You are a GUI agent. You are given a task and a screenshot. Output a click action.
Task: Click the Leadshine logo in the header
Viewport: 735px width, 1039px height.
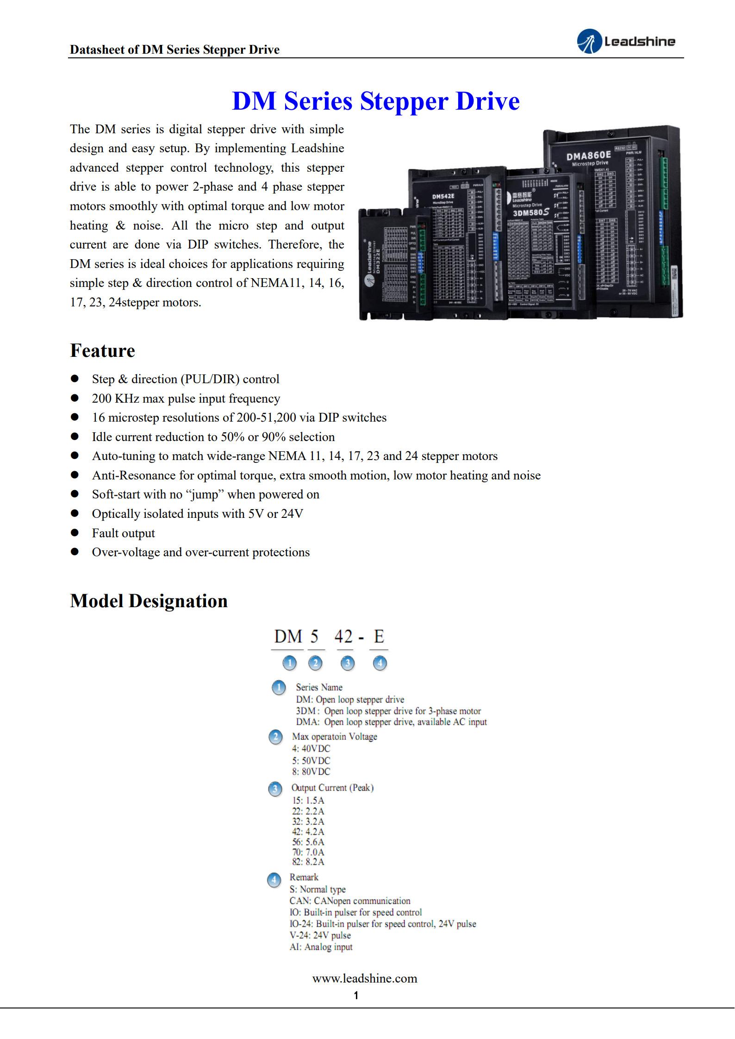click(x=626, y=41)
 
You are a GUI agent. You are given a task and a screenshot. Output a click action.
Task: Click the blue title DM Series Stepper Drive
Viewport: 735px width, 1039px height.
click(x=375, y=101)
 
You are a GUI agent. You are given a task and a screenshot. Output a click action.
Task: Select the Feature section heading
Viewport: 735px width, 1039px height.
click(x=102, y=351)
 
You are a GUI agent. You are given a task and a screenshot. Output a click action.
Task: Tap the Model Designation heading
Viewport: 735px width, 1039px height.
click(x=149, y=601)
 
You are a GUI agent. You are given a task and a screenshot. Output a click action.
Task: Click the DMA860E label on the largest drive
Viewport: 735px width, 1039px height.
click(x=588, y=156)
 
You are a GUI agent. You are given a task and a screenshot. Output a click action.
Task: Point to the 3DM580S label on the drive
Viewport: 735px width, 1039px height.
click(x=530, y=212)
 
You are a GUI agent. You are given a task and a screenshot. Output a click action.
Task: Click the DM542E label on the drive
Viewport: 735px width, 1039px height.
click(x=443, y=196)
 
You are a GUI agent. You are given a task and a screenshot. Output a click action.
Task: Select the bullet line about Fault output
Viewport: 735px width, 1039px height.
click(x=123, y=533)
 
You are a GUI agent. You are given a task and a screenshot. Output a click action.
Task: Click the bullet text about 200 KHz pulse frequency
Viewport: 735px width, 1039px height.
click(x=186, y=398)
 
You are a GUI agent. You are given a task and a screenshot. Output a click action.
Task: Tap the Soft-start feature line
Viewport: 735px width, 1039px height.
click(x=206, y=494)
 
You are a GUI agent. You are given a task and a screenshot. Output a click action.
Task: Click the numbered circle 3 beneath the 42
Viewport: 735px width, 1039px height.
click(x=347, y=663)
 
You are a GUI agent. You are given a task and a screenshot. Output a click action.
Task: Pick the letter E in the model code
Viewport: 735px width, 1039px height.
click(x=379, y=637)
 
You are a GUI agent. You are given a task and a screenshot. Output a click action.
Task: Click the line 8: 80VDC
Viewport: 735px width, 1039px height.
click(x=311, y=771)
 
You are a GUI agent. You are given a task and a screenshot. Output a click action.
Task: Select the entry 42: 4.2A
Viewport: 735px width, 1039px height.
click(x=308, y=832)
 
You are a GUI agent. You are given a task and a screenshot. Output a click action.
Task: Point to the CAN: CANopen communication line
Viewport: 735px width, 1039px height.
click(x=349, y=901)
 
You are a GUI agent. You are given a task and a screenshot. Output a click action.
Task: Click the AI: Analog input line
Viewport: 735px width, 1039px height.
click(x=321, y=947)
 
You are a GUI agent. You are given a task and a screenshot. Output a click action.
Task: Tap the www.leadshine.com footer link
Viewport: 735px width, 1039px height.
click(x=365, y=978)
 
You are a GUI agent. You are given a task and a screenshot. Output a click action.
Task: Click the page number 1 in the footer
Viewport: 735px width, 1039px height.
click(x=356, y=995)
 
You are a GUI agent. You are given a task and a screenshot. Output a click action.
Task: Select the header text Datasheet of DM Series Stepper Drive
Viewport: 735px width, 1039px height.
click(x=174, y=50)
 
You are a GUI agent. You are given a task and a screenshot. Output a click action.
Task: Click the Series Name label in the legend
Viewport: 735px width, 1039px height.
click(x=319, y=687)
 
